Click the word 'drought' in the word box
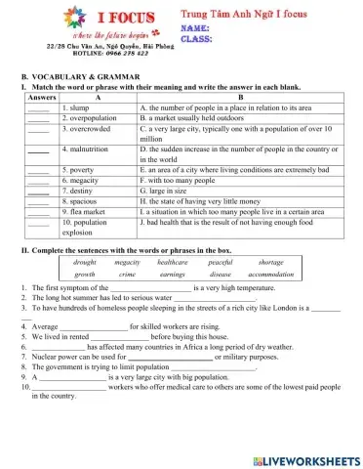[85, 262]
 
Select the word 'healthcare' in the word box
[172, 262]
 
